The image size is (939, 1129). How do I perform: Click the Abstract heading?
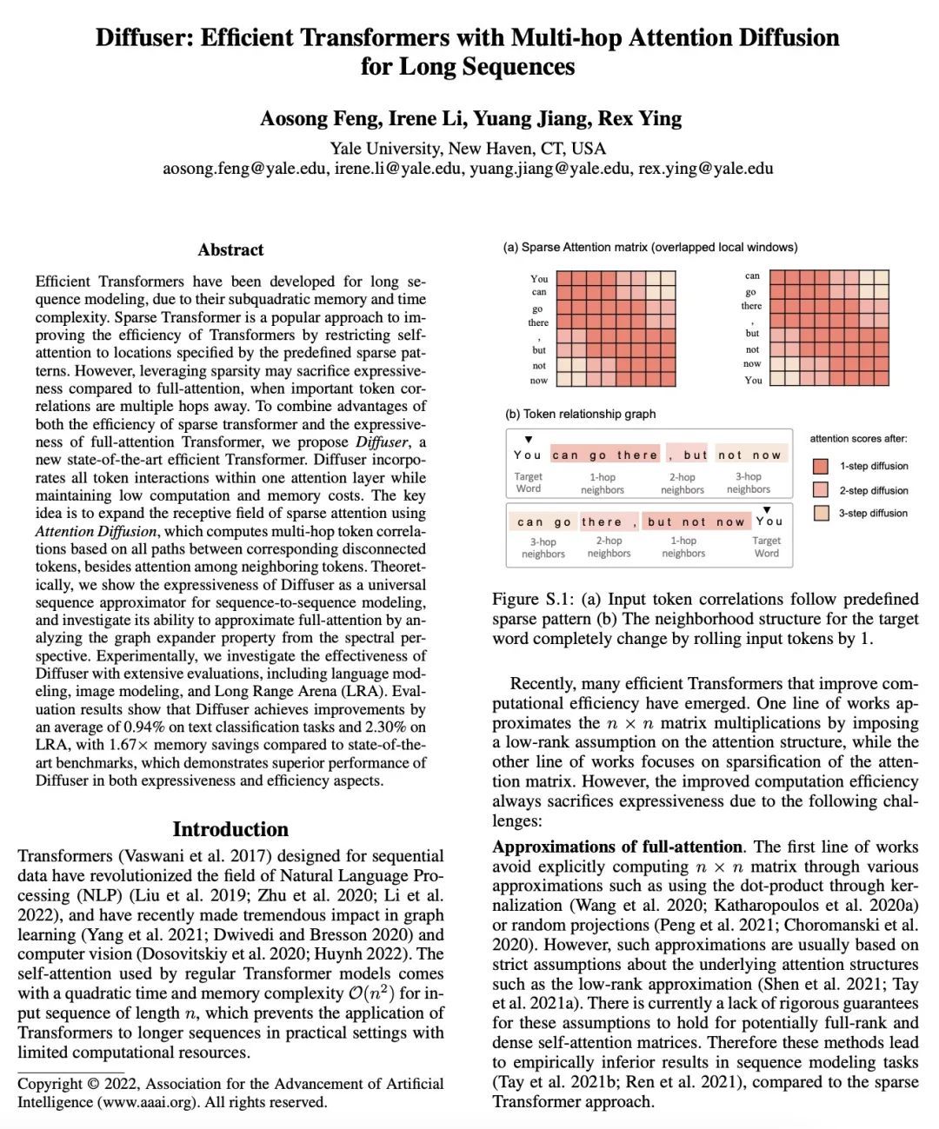pyautogui.click(x=230, y=250)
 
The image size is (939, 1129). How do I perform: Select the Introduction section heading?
pyautogui.click(x=230, y=829)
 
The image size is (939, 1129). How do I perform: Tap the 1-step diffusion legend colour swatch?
pyautogui.click(x=821, y=467)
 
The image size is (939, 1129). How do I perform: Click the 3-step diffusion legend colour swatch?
pyautogui.click(x=821, y=514)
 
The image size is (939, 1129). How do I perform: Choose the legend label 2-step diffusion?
pyautogui.click(x=873, y=490)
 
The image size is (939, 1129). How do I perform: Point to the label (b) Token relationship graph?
pyautogui.click(x=580, y=414)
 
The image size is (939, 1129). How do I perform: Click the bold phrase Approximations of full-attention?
pyautogui.click(x=617, y=847)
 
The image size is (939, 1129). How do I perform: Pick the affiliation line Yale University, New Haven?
pyautogui.click(x=468, y=149)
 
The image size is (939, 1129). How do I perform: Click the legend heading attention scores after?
pyautogui.click(x=858, y=439)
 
